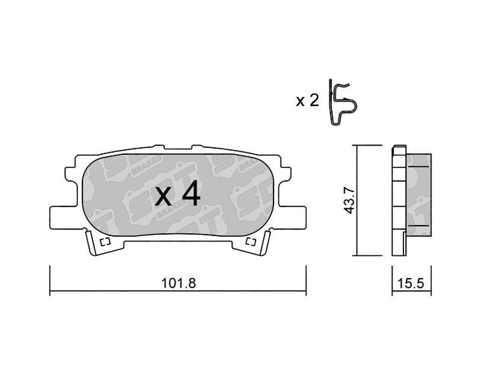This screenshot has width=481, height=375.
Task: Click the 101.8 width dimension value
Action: click(178, 283)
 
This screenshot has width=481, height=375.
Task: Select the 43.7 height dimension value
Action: click(349, 200)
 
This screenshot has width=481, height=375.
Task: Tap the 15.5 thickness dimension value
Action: click(411, 283)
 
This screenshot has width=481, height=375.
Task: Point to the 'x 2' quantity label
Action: click(307, 101)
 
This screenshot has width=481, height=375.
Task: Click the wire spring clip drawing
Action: click(343, 102)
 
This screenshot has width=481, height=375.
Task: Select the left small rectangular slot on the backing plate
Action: click(105, 242)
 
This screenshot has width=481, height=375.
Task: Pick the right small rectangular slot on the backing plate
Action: click(251, 242)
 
